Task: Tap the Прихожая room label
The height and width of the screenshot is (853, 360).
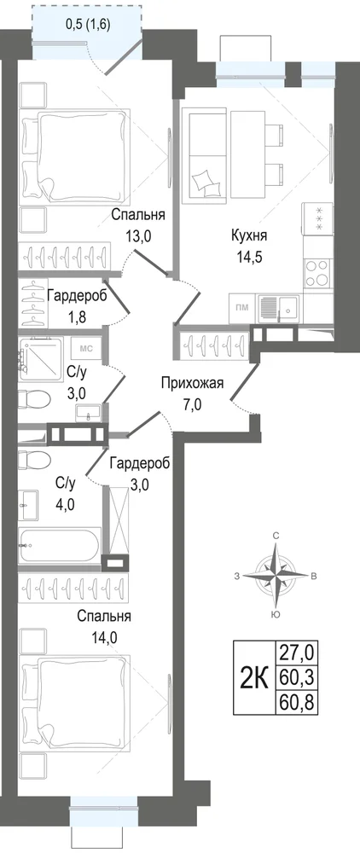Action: [x=192, y=384]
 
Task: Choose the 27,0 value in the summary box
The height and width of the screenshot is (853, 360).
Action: [x=297, y=651]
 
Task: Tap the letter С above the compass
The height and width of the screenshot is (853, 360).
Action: [x=276, y=537]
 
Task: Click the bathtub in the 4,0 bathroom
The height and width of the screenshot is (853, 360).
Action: [x=60, y=545]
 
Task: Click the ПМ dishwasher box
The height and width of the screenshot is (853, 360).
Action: [x=242, y=307]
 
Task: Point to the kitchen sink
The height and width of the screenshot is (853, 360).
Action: [x=278, y=309]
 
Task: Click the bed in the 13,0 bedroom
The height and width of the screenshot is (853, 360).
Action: [x=75, y=155]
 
